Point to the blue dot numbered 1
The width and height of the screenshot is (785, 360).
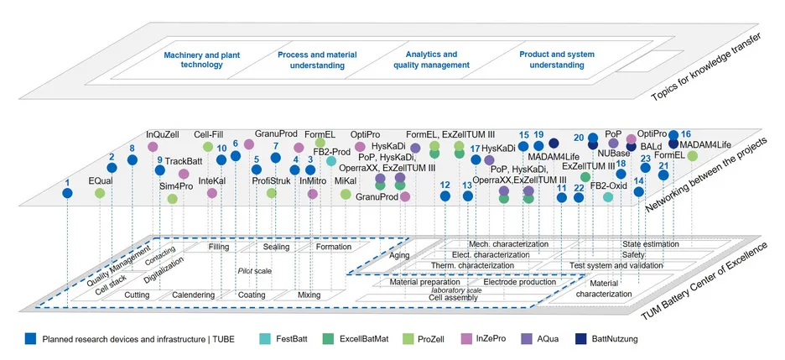pyautogui.click(x=68, y=193)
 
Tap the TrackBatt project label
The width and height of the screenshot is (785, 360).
pyautogui.click(x=184, y=161)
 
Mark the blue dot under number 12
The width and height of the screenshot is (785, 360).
pyautogui.click(x=445, y=197)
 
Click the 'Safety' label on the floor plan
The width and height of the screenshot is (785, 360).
pyautogui.click(x=633, y=254)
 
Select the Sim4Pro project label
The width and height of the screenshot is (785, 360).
pyautogui.click(x=177, y=185)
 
